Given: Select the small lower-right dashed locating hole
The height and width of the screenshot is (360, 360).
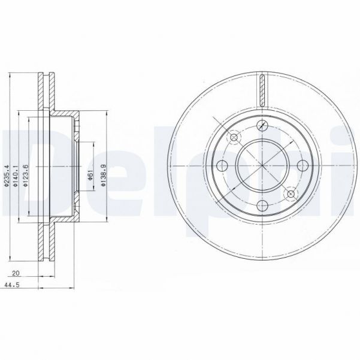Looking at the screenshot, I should [x=291, y=193].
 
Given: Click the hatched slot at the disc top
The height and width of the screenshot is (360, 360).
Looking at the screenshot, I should [x=262, y=90].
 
